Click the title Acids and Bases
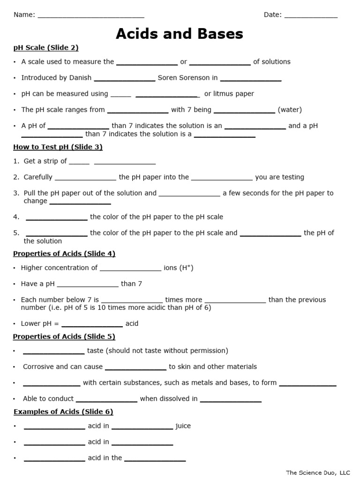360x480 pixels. (180, 34)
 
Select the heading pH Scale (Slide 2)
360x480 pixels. (46, 47)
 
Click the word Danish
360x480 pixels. (80, 78)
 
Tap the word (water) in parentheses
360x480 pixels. (290, 110)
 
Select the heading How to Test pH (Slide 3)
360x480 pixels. (58, 147)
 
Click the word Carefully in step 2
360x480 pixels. (38, 177)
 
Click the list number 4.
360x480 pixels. (16, 217)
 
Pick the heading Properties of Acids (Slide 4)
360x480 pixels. (64, 254)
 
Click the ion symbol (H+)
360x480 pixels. (185, 268)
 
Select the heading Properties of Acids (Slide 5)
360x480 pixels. (64, 337)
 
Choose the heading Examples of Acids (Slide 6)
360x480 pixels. (63, 412)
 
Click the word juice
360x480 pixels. (183, 426)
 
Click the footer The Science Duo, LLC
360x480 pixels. (318, 473)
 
